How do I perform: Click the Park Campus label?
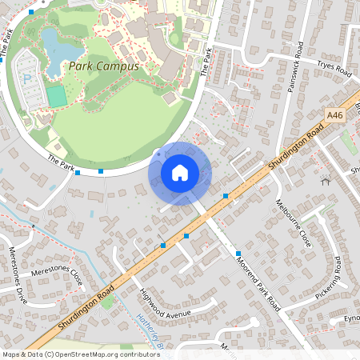[103, 66]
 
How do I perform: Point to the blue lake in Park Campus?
[52, 52]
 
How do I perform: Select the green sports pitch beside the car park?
[55, 96]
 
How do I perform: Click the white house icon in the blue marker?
[180, 173]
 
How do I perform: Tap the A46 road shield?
[335, 115]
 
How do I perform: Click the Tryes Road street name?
[334, 70]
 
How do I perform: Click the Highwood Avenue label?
[166, 305]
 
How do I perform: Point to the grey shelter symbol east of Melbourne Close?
[326, 182]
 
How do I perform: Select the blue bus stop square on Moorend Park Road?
[238, 254]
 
